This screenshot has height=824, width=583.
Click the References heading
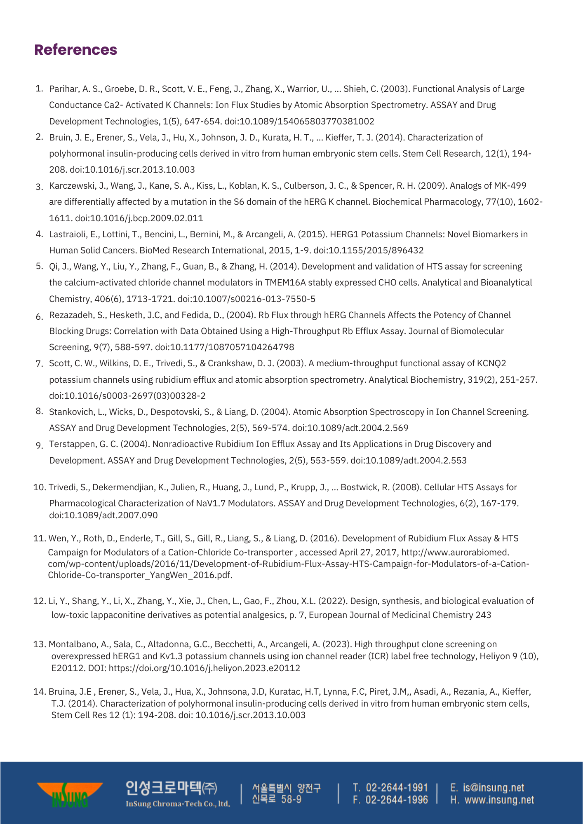point(76,50)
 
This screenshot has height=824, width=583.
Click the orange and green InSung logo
point(70,794)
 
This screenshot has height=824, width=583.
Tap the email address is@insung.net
point(493,787)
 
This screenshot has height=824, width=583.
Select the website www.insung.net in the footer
point(499,800)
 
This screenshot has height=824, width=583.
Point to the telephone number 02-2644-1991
point(397,787)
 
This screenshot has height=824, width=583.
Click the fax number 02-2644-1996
point(397,800)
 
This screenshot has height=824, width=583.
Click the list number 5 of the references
point(39,266)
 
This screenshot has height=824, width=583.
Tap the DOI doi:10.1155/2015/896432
point(369,250)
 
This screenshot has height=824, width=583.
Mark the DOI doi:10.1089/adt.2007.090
point(103,515)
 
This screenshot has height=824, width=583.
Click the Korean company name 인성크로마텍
point(163,788)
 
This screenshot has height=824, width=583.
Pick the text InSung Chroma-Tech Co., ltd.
point(178,803)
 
